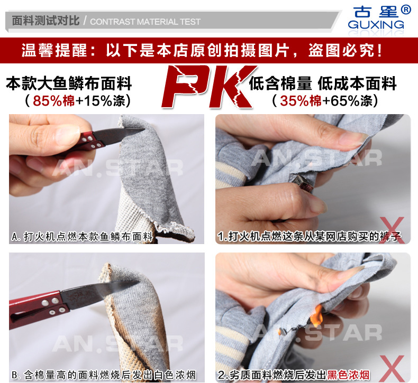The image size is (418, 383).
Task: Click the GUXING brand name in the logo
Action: [x=376, y=25]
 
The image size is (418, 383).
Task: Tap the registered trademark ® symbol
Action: [x=406, y=10]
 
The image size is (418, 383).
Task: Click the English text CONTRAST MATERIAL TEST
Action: [x=146, y=22]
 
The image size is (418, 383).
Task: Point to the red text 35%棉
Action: [x=301, y=100]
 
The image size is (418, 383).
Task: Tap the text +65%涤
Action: [x=347, y=100]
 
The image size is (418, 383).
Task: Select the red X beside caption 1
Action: [x=392, y=230]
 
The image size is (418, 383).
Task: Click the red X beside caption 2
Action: [x=392, y=369]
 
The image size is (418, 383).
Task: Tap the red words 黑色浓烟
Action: [x=348, y=375]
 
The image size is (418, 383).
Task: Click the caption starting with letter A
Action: [x=83, y=236]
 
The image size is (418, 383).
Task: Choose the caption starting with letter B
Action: [x=104, y=375]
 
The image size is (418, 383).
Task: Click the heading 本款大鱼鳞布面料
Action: [x=69, y=83]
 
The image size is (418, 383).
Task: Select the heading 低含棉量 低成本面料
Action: [x=323, y=83]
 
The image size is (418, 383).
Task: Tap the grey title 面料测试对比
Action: [x=46, y=21]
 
